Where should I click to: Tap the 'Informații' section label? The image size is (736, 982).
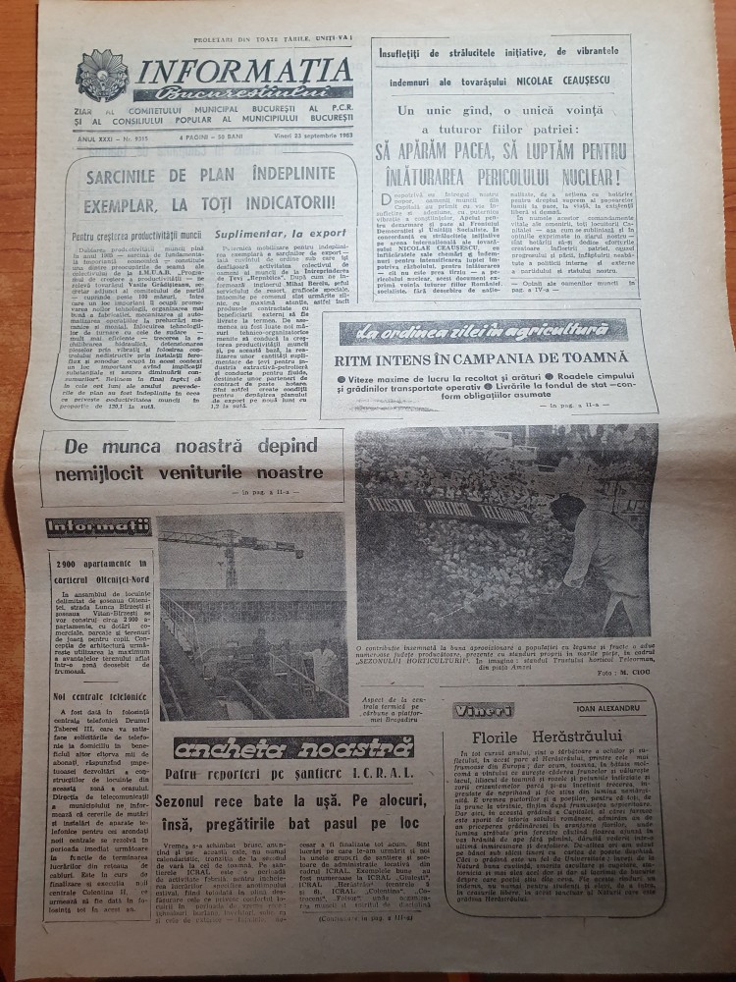coord(98,527)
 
